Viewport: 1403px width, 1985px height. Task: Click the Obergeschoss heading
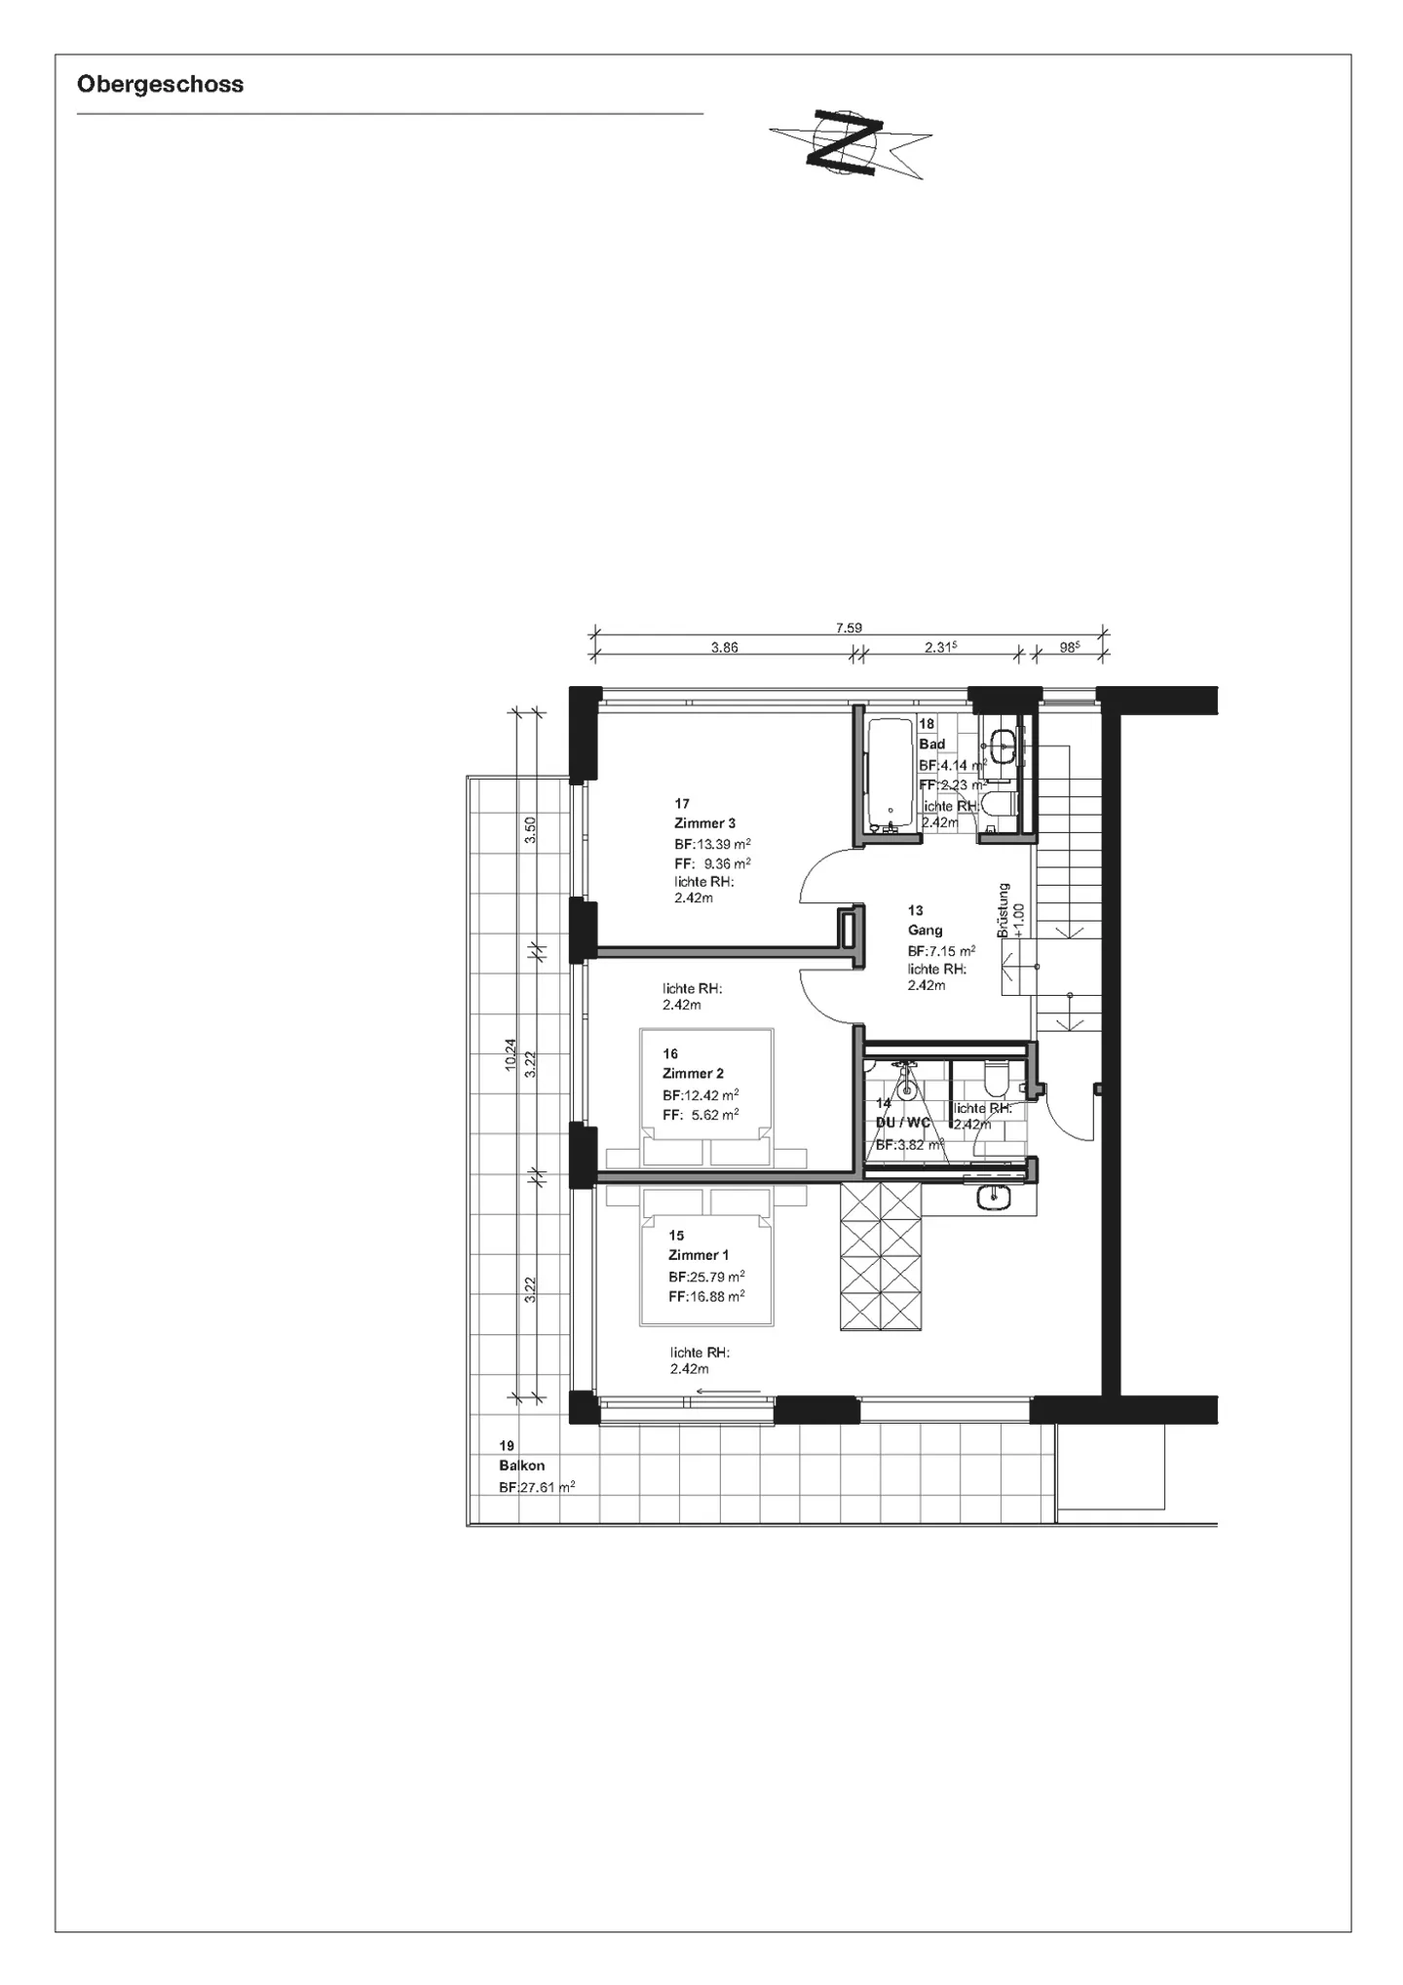click(x=160, y=85)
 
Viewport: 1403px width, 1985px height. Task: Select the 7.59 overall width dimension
click(x=849, y=629)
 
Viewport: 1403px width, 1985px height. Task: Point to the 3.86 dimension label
click(x=724, y=647)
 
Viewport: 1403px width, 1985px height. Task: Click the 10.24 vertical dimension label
click(x=511, y=1054)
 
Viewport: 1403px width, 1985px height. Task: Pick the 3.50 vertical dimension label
click(x=530, y=829)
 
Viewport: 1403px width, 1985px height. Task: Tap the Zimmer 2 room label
click(x=693, y=1074)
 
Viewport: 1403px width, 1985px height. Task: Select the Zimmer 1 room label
click(x=698, y=1255)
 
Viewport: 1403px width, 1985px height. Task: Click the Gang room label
click(x=925, y=931)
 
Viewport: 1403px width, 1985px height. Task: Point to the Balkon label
click(x=521, y=1466)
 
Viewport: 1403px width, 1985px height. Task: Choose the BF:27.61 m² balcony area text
click(x=537, y=1488)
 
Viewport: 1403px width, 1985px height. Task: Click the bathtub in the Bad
click(x=888, y=775)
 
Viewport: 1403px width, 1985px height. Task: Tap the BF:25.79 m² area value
click(x=706, y=1277)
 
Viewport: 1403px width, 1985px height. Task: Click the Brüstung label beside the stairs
click(x=1004, y=910)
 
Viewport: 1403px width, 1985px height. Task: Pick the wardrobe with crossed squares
click(x=881, y=1255)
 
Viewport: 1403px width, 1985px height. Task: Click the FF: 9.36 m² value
click(x=712, y=864)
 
